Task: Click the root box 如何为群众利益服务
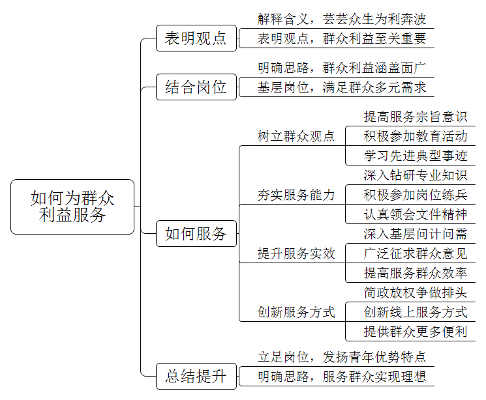(x=72, y=207)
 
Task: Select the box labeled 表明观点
(x=196, y=38)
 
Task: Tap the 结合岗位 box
(x=196, y=87)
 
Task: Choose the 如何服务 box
(x=196, y=233)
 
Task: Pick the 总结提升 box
(x=196, y=376)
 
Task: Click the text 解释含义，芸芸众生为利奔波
(x=342, y=19)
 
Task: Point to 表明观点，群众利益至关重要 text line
(x=342, y=38)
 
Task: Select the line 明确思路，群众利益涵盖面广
(x=342, y=68)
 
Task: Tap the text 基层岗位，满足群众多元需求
(x=342, y=87)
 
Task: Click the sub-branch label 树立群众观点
(x=296, y=136)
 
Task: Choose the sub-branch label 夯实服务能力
(x=296, y=195)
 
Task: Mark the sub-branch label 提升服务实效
(x=296, y=253)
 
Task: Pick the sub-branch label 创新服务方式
(x=296, y=312)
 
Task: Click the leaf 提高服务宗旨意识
(x=416, y=117)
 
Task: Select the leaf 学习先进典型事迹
(x=416, y=156)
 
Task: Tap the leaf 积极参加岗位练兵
(x=416, y=195)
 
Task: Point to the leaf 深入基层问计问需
(x=416, y=234)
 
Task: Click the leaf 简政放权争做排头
(x=416, y=293)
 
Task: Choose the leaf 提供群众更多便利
(x=416, y=332)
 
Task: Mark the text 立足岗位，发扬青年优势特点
(x=342, y=357)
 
